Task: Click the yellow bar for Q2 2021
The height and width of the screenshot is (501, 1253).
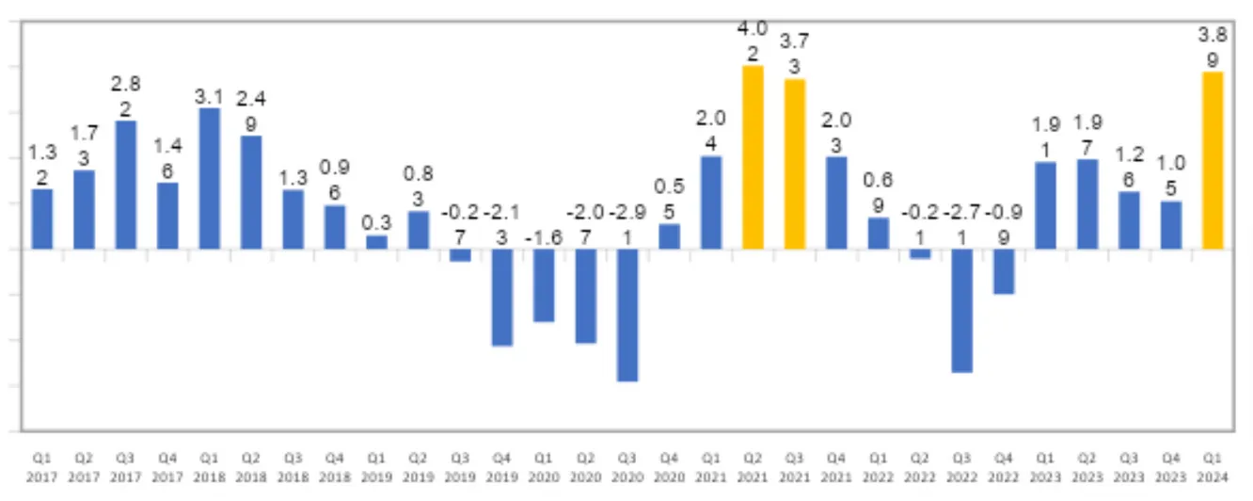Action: [x=753, y=157]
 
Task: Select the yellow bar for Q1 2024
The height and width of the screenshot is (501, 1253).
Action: [x=1213, y=160]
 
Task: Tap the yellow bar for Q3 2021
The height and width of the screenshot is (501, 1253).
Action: [x=795, y=164]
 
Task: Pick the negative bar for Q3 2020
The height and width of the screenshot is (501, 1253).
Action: [x=627, y=315]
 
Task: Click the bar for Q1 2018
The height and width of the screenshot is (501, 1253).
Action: [x=210, y=179]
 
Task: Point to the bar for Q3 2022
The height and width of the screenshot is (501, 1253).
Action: [x=961, y=311]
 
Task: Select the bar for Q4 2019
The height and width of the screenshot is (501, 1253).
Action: [x=502, y=298]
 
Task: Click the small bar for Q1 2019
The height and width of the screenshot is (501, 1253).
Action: [x=376, y=242]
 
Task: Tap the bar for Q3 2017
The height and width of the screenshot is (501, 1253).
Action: [x=126, y=185]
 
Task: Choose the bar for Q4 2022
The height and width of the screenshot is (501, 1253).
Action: [x=1004, y=271]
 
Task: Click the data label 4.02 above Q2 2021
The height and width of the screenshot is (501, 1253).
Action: [x=753, y=40]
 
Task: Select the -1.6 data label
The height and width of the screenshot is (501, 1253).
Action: [x=544, y=236]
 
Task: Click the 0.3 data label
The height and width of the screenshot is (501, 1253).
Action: [x=376, y=222]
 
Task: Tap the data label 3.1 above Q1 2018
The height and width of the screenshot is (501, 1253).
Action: [x=210, y=95]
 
